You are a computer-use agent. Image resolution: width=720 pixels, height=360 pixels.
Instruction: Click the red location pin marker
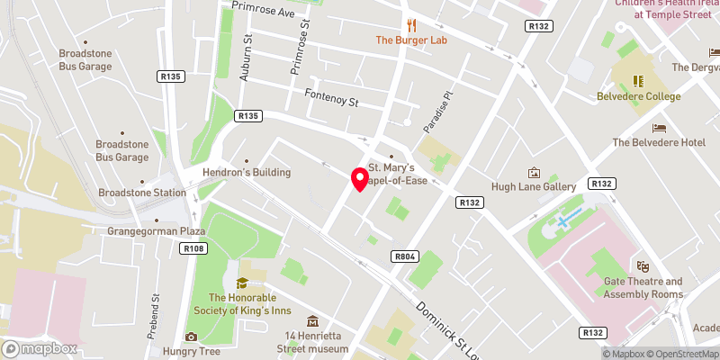[359, 178]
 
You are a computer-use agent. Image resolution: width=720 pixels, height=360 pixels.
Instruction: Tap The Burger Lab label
[411, 40]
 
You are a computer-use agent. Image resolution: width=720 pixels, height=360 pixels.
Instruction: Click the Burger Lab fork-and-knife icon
[411, 24]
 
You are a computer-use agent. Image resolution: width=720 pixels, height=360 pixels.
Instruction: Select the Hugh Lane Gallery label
[534, 186]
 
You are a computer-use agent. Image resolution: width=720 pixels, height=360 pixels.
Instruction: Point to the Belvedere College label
[638, 96]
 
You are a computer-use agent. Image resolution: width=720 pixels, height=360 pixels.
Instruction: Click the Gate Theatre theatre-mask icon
[643, 266]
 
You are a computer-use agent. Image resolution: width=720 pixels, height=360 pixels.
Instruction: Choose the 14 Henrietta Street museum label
[311, 342]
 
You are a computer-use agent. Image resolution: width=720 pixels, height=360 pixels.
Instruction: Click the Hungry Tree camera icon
[191, 337]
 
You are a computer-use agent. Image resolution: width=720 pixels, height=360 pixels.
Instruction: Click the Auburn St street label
[245, 60]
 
